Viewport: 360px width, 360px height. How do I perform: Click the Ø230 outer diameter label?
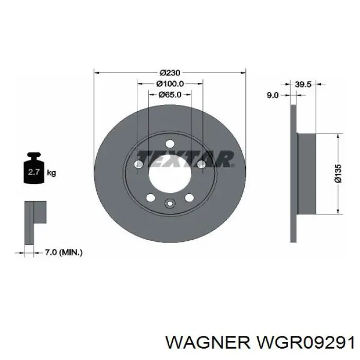[x=169, y=73]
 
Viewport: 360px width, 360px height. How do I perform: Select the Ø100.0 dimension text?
[x=169, y=84]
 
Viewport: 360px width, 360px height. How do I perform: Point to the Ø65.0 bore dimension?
[x=169, y=95]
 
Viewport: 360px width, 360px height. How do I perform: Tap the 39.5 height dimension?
[x=303, y=85]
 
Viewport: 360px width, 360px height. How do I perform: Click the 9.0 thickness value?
[x=273, y=95]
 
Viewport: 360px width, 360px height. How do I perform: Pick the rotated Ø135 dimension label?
[x=338, y=173]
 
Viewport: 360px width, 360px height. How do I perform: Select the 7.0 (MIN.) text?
[x=64, y=252]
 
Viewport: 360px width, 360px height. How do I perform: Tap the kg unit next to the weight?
[x=51, y=173]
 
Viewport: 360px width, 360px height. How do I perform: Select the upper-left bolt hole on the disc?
[x=138, y=164]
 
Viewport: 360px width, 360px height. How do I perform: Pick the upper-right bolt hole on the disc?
[x=201, y=164]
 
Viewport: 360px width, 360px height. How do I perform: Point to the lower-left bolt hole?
[x=150, y=198]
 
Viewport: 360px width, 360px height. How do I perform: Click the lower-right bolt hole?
[x=189, y=198]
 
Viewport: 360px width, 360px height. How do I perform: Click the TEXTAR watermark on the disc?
[x=185, y=157]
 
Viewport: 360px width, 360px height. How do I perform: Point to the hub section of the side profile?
[x=307, y=173]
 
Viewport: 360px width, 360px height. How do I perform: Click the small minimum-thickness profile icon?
[x=35, y=222]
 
